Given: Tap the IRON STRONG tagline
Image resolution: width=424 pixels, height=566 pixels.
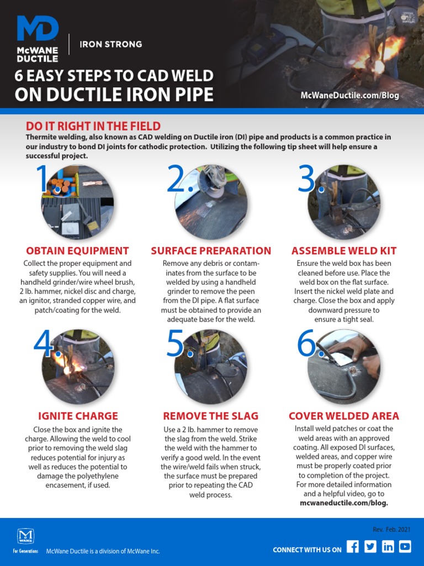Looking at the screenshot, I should point(110,44).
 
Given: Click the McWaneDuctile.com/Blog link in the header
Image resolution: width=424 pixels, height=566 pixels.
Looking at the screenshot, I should point(349,95).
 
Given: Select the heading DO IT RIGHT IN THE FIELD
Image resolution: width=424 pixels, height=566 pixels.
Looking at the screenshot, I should point(93,126).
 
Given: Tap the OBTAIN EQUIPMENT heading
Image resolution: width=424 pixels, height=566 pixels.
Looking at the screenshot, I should point(77,251).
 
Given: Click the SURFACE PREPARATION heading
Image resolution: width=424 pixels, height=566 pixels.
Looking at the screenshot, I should point(211,251).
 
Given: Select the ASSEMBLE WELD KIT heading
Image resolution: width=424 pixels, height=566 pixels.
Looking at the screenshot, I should point(344,251).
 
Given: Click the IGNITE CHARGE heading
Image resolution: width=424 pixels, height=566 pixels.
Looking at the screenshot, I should point(78,416).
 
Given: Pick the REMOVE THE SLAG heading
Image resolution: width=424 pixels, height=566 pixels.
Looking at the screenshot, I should point(211,416).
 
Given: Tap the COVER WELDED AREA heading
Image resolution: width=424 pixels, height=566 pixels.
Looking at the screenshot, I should point(344,416).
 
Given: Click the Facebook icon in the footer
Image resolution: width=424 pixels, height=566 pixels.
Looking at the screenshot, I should point(353,547).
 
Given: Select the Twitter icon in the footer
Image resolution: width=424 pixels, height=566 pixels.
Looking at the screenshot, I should point(370,547).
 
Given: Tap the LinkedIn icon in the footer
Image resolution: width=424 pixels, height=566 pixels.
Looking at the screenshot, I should point(388,547).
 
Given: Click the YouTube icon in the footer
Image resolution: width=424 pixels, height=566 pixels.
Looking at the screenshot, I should point(405,547).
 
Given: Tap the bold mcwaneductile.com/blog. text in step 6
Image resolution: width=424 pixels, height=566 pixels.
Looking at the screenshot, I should point(344,503).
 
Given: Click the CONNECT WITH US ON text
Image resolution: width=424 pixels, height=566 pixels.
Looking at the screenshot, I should point(307,549).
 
